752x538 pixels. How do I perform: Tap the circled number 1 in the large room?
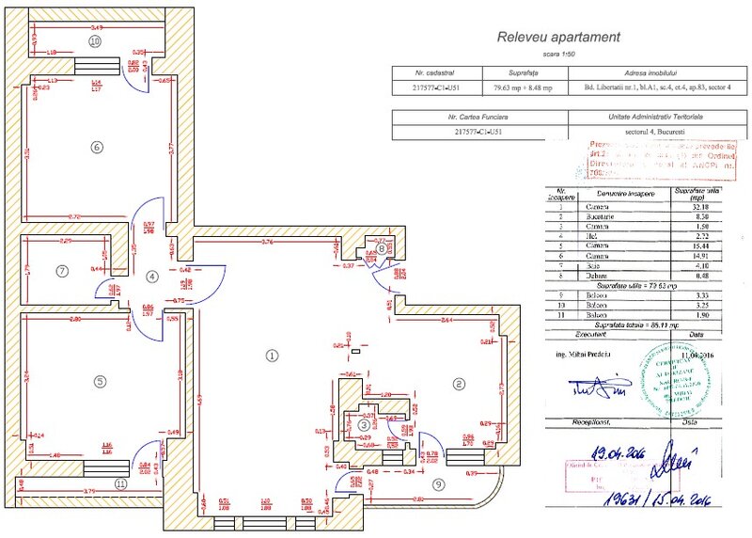[x=272, y=356]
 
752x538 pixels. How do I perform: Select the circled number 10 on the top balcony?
[x=94, y=41]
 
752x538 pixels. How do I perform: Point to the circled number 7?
[x=63, y=272]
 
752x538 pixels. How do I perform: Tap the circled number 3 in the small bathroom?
[x=364, y=425]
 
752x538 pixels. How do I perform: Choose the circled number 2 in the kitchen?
[x=459, y=383]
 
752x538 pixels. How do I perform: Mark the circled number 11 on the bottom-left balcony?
[x=120, y=483]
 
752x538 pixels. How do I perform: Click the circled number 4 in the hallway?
[x=153, y=277]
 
